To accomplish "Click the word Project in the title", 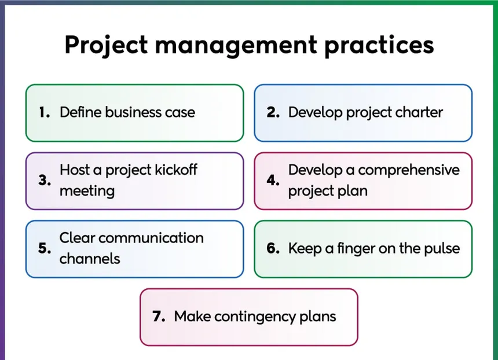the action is [x=106, y=45].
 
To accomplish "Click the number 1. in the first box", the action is [x=45, y=112].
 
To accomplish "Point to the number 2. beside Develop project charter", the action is [x=273, y=112].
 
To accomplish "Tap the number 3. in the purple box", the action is [x=45, y=181].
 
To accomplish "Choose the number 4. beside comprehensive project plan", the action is [x=273, y=181].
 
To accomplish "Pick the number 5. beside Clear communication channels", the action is [x=45, y=248].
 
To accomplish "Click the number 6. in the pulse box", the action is [x=273, y=248].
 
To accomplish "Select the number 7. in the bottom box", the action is [x=159, y=316].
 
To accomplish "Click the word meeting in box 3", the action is [x=87, y=192].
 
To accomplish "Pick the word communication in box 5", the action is [x=151, y=238].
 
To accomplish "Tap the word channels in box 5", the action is [x=90, y=259].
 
